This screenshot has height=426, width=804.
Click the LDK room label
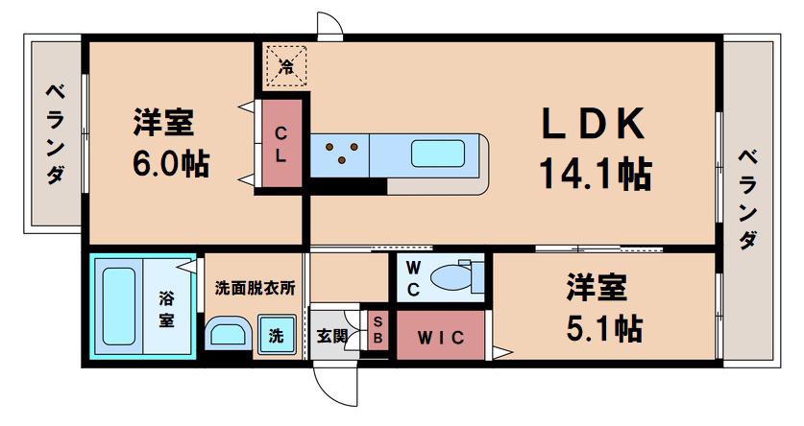point(594,124)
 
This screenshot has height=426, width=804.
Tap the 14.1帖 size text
point(595,173)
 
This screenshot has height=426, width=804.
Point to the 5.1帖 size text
point(604,328)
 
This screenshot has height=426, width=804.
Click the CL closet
point(281,143)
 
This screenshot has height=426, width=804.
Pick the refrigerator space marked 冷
point(286,66)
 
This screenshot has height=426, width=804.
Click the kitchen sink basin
point(438,154)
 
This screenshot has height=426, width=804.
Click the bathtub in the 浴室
point(118,306)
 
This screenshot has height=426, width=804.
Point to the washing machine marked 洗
point(277,333)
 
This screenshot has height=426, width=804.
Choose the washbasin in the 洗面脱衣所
point(229,333)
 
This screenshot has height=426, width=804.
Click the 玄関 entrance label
point(331,336)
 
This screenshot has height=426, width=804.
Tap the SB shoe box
point(378,331)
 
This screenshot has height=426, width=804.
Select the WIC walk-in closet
point(441,335)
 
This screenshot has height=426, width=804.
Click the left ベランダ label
point(56,134)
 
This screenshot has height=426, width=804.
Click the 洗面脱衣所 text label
point(255,288)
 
